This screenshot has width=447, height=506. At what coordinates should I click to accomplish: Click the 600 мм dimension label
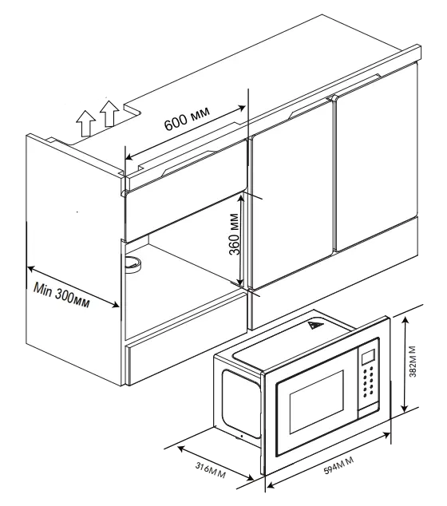pos(187,118)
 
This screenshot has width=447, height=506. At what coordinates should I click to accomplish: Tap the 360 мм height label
pos(235,234)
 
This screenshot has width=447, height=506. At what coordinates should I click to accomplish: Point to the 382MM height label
pos(413,362)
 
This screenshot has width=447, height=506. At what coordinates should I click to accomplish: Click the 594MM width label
pos(338,465)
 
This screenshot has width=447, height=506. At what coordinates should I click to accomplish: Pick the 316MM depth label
pos(211,471)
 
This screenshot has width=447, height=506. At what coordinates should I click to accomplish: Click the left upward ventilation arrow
pos(86,123)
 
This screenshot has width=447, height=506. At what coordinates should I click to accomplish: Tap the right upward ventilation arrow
pos(109,113)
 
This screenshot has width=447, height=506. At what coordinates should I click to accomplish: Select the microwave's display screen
pos(368,357)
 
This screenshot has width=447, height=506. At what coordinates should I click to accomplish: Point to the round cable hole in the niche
pos(133,264)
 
